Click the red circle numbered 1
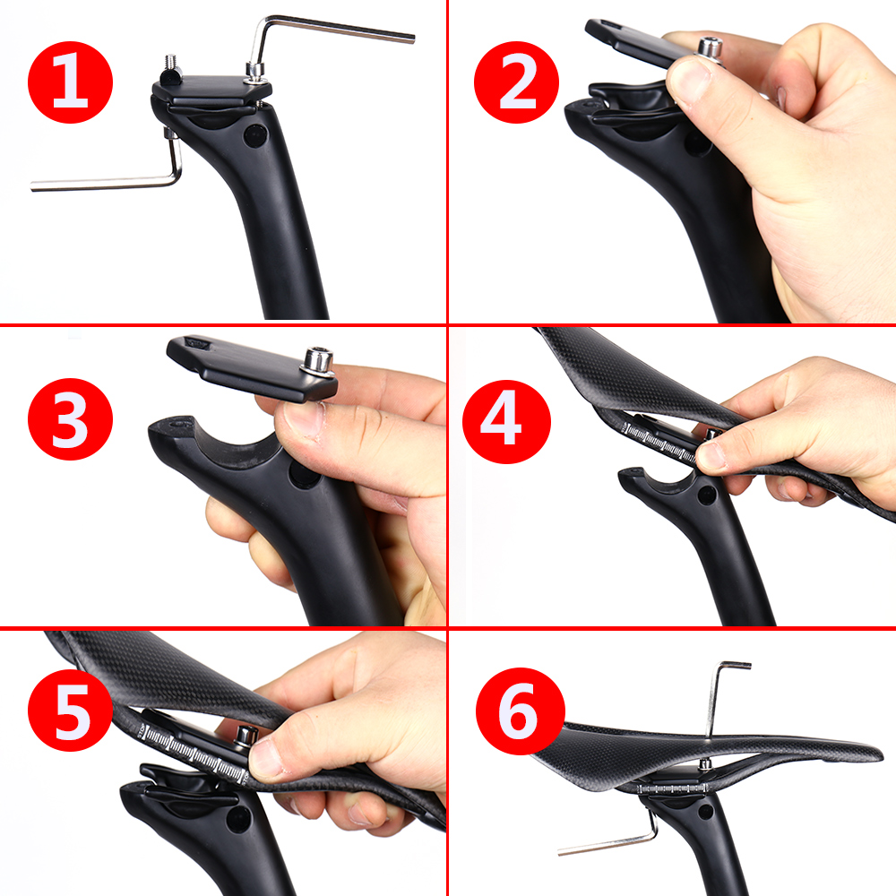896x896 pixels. pos(70,82)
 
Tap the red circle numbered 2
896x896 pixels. pos(517,82)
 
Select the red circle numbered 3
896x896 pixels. pos(70,418)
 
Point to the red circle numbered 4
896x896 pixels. pos(506,422)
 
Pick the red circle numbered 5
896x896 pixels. pos(70,711)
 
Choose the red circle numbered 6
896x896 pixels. pos(520,711)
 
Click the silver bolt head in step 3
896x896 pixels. pos(318,361)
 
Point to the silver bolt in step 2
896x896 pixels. pos(708,48)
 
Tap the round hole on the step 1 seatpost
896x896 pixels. pos(254,135)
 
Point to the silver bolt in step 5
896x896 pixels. pos(247,734)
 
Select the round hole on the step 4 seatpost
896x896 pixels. pos(707,495)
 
